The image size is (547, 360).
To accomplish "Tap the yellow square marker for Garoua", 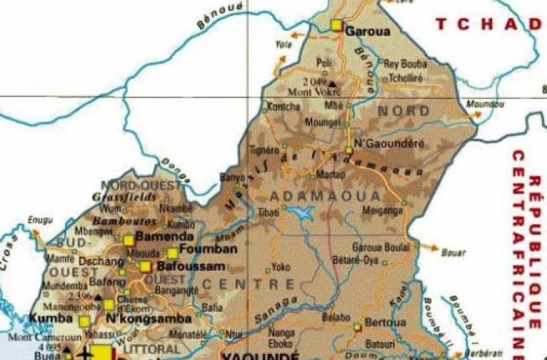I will point(336,26).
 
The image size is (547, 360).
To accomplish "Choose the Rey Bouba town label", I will point(405,63).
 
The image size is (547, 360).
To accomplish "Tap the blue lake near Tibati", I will point(303,214).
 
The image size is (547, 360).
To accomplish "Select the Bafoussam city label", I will point(185,267).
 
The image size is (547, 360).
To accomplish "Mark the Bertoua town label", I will point(386,322).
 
